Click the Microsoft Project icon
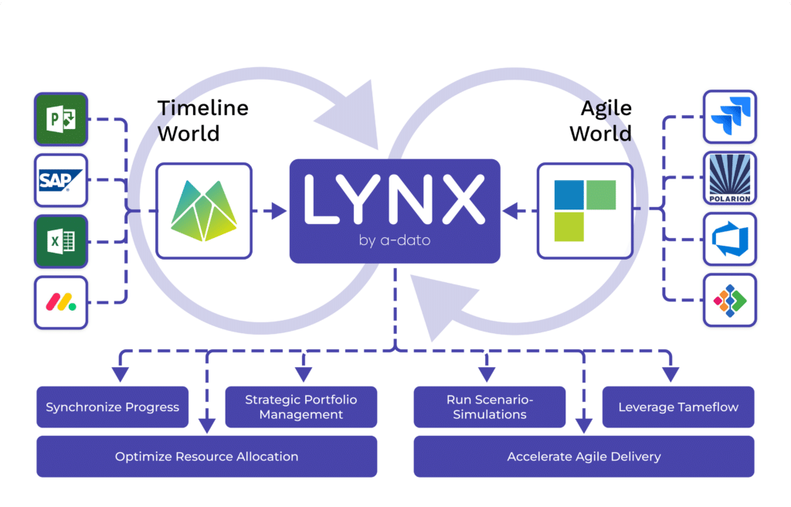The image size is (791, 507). click(61, 119)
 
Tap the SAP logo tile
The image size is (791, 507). click(61, 180)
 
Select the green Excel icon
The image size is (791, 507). click(61, 241)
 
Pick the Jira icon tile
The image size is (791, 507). click(730, 117)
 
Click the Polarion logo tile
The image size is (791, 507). click(730, 178)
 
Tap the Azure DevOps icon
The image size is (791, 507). click(730, 239)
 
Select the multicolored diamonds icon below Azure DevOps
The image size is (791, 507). click(730, 300)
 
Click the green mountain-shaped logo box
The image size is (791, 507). click(204, 209)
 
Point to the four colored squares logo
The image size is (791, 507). click(585, 209)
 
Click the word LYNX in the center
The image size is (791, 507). click(394, 199)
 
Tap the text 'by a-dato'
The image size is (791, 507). click(394, 240)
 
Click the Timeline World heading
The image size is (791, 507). click(202, 120)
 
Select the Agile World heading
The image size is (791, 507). click(600, 120)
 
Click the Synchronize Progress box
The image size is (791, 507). click(112, 407)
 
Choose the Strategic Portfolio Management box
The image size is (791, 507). click(300, 407)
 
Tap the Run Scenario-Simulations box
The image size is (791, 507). click(490, 407)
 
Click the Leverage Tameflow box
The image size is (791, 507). click(678, 407)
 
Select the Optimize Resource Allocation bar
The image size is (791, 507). click(206, 457)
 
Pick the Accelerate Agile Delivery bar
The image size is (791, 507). click(583, 457)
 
